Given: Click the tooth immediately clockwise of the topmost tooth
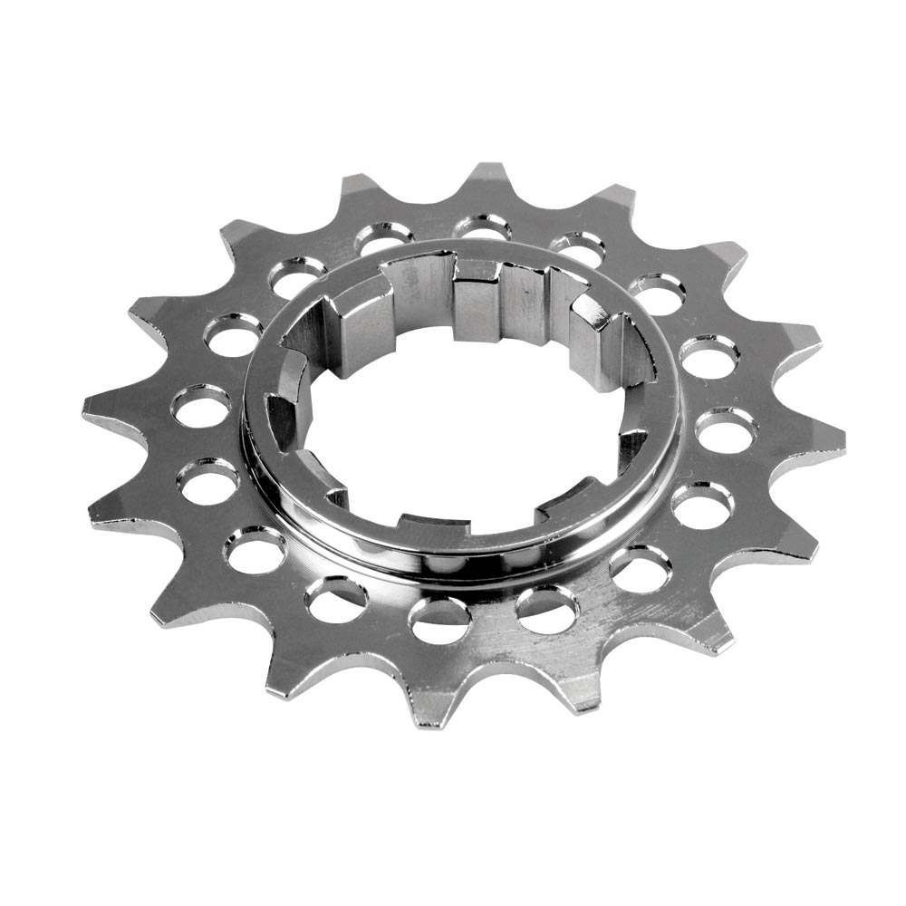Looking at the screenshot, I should [616, 195].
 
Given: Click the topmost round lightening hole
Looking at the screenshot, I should [480, 226].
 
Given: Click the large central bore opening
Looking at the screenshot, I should [471, 435].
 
